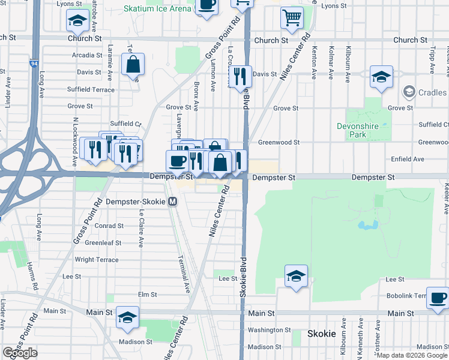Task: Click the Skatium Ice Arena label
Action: (x=157, y=8)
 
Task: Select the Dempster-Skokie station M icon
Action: (x=173, y=202)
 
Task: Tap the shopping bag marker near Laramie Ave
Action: (x=132, y=64)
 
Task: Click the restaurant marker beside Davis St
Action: (x=240, y=76)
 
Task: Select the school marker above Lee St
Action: (x=296, y=275)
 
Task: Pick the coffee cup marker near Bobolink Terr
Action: (x=438, y=296)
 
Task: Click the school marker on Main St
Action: (x=127, y=317)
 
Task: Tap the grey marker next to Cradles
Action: (x=409, y=92)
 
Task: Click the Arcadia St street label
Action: (x=87, y=55)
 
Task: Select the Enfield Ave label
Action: (x=408, y=159)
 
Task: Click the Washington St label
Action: (x=270, y=330)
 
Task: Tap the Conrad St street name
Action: (x=110, y=226)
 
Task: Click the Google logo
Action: (x=20, y=353)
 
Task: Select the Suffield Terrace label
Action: (x=91, y=89)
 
